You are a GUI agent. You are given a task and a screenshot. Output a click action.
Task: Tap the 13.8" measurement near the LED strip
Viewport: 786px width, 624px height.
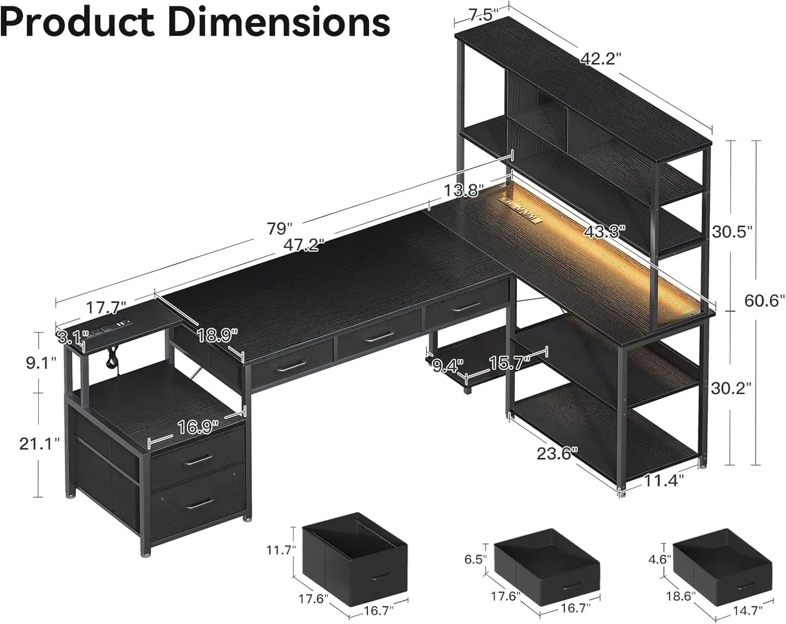pyautogui.click(x=463, y=190)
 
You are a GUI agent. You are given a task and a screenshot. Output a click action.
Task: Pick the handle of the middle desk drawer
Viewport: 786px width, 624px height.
pyautogui.click(x=379, y=338)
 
